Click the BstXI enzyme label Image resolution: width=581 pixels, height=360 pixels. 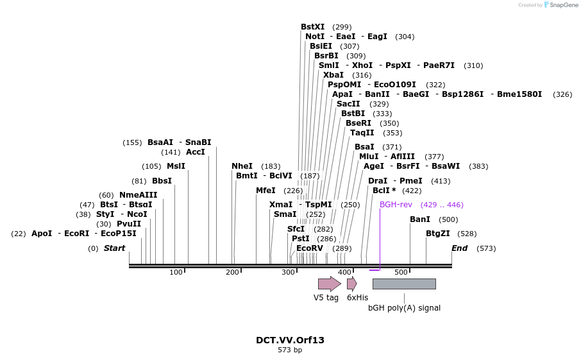click(312, 27)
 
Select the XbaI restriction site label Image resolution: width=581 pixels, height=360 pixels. click(333, 75)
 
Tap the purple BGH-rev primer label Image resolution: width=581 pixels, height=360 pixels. click(396, 205)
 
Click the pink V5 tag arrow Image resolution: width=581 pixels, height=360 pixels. click(329, 284)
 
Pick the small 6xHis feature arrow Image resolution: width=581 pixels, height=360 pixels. click(351, 284)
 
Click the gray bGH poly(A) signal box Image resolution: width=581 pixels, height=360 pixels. click(404, 284)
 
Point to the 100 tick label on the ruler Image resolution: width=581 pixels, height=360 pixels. click(176, 273)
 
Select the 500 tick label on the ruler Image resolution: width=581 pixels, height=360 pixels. click(401, 273)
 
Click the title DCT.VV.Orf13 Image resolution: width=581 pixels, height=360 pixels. click(290, 340)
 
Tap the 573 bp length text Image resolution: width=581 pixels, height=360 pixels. click(290, 350)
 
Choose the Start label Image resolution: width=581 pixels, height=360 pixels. click(115, 248)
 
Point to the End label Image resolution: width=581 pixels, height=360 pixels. click(459, 248)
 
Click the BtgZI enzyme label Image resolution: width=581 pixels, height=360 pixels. click(437, 234)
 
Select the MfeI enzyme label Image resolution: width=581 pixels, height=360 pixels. click(265, 191)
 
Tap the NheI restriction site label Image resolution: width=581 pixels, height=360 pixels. click(242, 166)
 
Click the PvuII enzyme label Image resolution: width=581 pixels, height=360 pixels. click(128, 224)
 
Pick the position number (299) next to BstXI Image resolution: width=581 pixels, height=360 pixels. click(342, 27)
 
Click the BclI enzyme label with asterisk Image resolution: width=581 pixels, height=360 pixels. click(384, 191)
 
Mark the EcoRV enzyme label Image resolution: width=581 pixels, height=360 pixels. click(310, 248)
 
